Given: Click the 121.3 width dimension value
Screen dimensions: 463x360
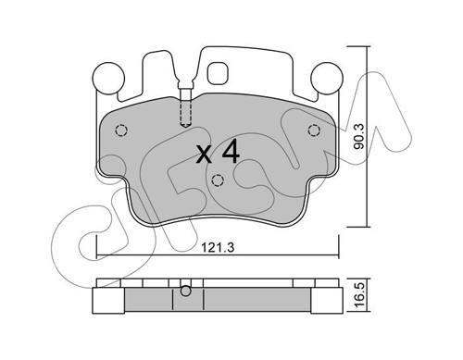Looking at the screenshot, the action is (218, 247).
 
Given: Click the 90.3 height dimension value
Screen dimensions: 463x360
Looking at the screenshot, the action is (359, 137).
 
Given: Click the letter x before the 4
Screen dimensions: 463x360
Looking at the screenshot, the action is (204, 155).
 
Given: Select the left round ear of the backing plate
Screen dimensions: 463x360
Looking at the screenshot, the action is (108, 78).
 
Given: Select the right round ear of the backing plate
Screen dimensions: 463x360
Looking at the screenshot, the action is (327, 78).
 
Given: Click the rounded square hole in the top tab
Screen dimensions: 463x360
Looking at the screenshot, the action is (218, 73).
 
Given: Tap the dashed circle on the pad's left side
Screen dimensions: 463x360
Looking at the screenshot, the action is (121, 130).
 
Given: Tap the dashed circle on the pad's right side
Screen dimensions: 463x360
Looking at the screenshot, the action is (314, 130).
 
